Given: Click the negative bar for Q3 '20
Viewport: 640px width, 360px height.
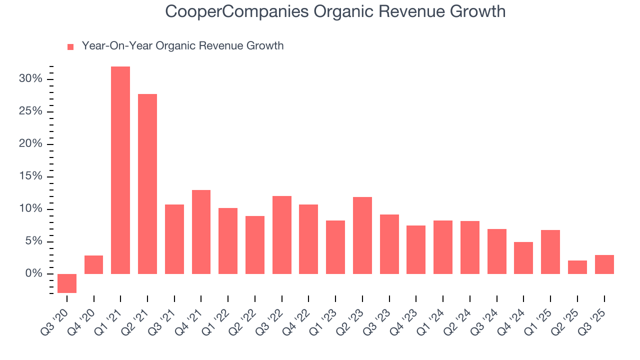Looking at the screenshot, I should coord(67,283).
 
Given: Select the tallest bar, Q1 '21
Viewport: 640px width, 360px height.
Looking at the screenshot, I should coord(120,170).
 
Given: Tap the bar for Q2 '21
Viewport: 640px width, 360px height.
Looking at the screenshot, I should coord(147,184).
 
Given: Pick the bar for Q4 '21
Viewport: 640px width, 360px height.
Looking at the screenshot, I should coord(201,232).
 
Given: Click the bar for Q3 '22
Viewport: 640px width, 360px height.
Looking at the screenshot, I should coord(281,235).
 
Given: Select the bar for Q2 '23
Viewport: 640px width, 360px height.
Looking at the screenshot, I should coord(362,235).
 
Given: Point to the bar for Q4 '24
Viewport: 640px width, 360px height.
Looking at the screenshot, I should coord(523,258).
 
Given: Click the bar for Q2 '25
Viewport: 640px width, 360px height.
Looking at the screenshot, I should coord(577,267).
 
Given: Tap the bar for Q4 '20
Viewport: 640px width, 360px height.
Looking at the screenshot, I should coord(93,265).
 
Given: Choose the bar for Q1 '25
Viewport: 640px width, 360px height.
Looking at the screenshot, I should coord(550,252).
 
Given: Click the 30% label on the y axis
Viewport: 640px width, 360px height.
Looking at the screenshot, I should coord(30,79).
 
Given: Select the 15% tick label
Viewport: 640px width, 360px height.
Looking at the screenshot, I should coord(30,176).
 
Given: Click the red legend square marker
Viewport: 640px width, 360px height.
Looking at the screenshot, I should coord(70,46).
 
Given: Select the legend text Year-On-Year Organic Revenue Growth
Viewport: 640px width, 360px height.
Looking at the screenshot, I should coord(182,46).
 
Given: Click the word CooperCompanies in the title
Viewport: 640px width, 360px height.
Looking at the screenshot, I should coord(237,11).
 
